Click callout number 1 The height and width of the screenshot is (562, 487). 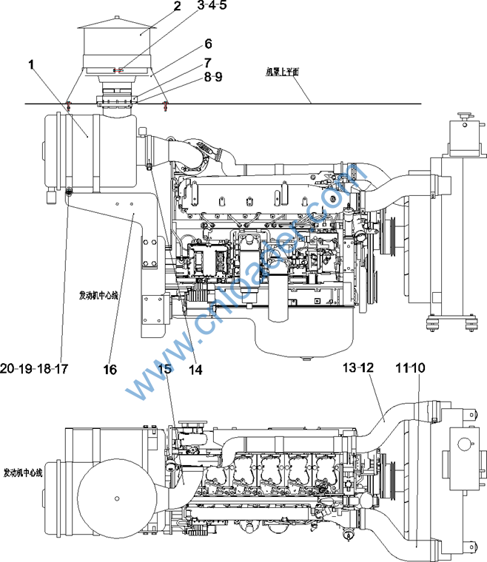click(32, 65)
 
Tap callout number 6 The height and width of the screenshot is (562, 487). click(208, 44)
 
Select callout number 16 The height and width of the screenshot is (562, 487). click(110, 368)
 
